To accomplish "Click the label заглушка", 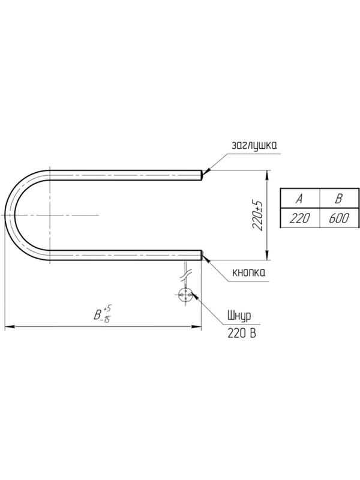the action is tap(254, 146).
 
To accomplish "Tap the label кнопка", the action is tap(249, 272).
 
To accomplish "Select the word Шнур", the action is tap(239, 317).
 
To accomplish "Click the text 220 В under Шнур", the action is tap(242, 333).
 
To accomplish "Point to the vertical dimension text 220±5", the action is tap(257, 215).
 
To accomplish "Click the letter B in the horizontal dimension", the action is tap(97, 314).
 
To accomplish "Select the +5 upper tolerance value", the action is tap(107, 308).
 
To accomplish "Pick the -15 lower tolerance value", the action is tap(106, 320).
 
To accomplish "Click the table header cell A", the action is tap(300, 199).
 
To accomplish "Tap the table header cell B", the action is tap(339, 199).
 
